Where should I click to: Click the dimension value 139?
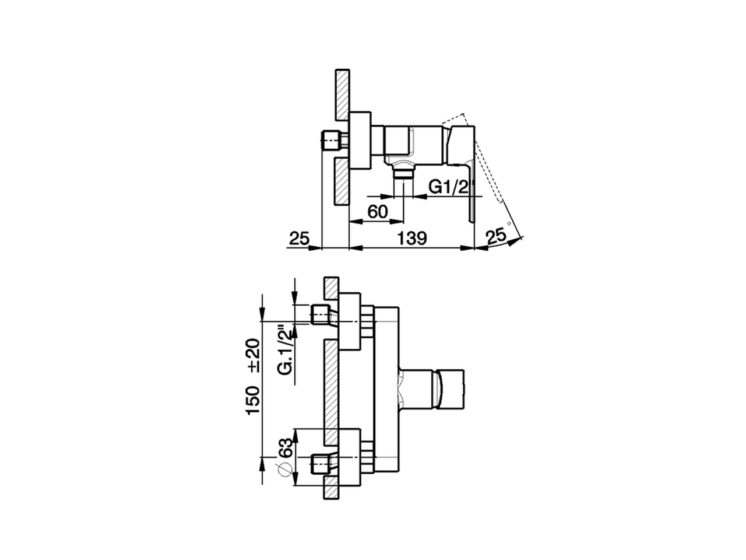[x=412, y=238]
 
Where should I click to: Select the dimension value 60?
[x=378, y=211]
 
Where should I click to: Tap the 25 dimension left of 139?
[x=298, y=238]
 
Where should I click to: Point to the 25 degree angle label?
[x=497, y=236]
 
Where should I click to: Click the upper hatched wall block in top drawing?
[x=342, y=93]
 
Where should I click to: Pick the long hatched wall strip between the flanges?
[x=331, y=391]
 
